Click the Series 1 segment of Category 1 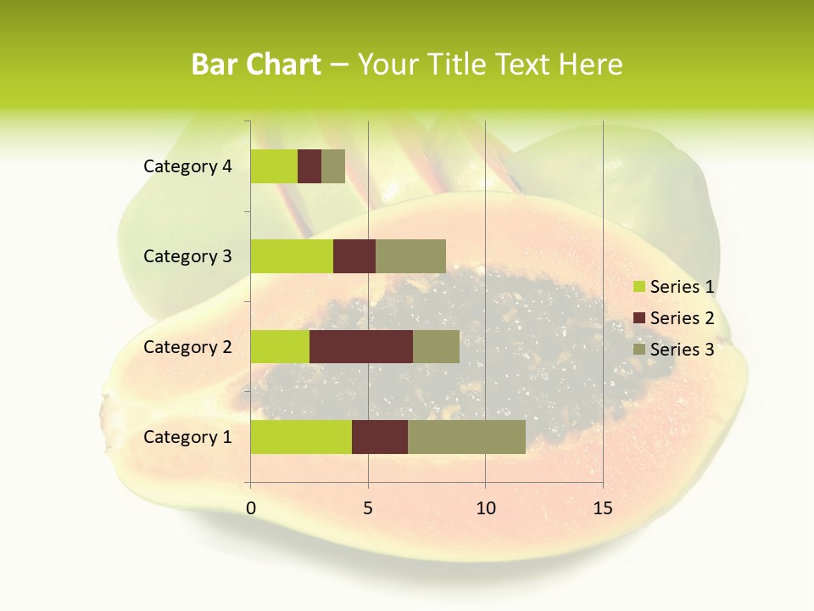[x=301, y=437]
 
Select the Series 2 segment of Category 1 [x=380, y=437]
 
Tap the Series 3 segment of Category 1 [x=466, y=437]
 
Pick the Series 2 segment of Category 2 [x=361, y=346]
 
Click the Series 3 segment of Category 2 [x=436, y=346]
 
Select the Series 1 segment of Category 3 [x=292, y=256]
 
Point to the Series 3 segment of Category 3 [x=410, y=256]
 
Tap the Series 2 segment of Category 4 [x=309, y=166]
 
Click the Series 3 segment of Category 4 [x=333, y=166]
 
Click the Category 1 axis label [x=187, y=437]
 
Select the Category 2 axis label [x=187, y=346]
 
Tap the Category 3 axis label [x=187, y=256]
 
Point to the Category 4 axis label [x=187, y=166]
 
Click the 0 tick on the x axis [x=251, y=508]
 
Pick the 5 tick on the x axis [x=368, y=508]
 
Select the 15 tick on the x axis [x=603, y=508]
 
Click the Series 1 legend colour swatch [x=638, y=287]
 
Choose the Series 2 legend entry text [x=682, y=318]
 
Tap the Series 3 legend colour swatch [x=638, y=350]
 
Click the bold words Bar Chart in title [x=256, y=64]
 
